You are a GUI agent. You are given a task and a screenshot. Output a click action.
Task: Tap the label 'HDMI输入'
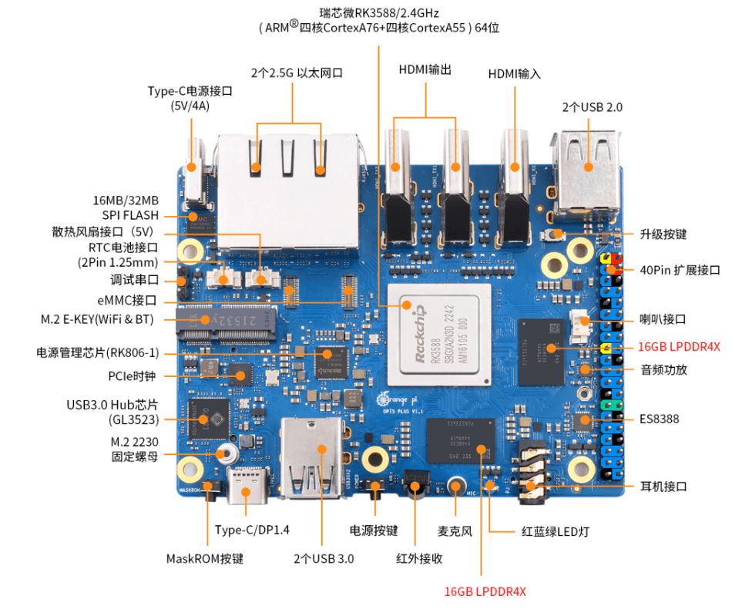tap(514, 74)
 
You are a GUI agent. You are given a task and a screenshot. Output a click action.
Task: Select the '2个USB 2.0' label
tap(592, 107)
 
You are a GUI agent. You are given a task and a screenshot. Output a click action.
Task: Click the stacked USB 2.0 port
tap(587, 173)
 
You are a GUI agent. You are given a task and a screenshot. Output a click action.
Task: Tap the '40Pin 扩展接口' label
tap(680, 270)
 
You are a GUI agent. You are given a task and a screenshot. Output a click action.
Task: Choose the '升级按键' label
tap(663, 234)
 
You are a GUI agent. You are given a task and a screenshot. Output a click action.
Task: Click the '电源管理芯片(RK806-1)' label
tap(97, 352)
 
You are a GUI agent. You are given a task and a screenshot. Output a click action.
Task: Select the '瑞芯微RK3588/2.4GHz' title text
tap(378, 13)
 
